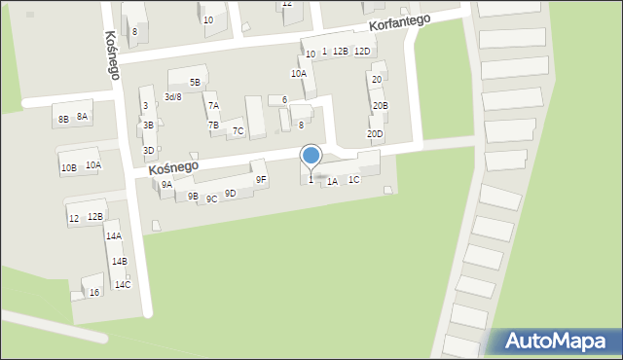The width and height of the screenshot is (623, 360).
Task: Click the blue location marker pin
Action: click(311, 157)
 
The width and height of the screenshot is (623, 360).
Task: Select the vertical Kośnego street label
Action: click(110, 54)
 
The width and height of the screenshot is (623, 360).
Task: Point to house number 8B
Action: click(63, 119)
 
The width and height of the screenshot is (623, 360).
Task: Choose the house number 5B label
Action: click(195, 83)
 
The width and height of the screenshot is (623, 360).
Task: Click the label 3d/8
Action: click(172, 97)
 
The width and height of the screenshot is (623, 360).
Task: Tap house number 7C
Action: click(238, 131)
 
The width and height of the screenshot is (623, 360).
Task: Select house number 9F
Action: click(261, 179)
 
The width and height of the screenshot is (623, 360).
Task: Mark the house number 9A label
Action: click(166, 185)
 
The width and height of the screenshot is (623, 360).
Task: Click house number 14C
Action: click(122, 285)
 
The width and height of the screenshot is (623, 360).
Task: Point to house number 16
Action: click(93, 293)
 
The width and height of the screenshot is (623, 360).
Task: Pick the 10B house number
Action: click(68, 168)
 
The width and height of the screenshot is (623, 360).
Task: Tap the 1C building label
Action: click(354, 179)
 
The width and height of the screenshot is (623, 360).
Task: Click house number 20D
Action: click(375, 134)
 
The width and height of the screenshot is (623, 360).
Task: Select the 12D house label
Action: click(362, 51)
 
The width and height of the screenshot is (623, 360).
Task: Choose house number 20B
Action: click(380, 105)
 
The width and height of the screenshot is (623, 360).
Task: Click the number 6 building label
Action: click(284, 100)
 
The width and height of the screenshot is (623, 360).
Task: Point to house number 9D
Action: click(230, 194)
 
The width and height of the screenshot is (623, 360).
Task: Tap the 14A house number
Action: click(113, 236)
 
